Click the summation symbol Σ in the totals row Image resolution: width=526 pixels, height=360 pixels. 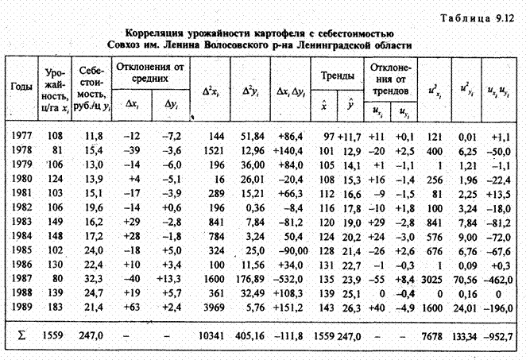pos(22,338)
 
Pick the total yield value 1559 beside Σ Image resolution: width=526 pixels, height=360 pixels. pos(54,338)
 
